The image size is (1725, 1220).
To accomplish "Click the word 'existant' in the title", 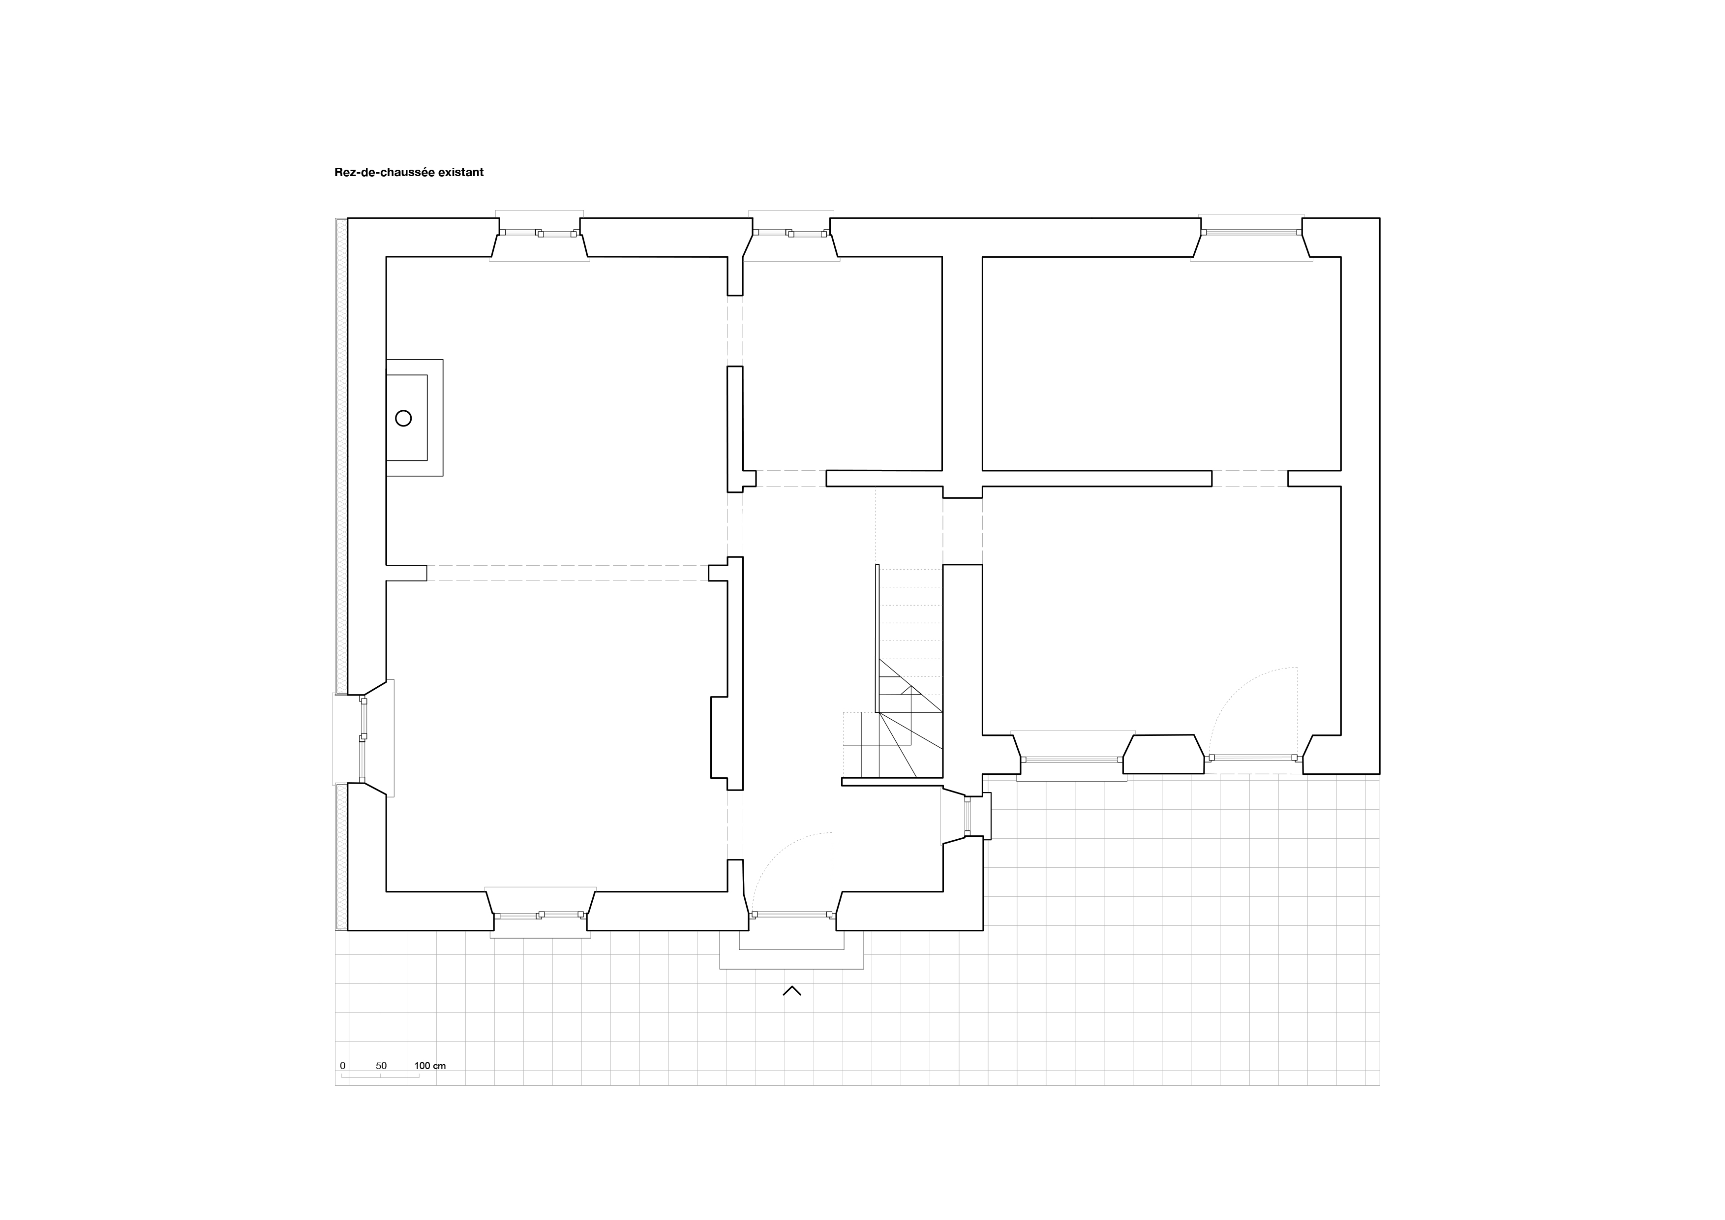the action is (461, 172).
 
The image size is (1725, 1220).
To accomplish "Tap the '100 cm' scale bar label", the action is (430, 1065).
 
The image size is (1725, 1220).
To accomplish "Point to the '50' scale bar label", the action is (381, 1065).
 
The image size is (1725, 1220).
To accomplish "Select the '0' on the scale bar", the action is (343, 1065).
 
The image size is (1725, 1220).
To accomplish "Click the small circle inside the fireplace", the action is (403, 419).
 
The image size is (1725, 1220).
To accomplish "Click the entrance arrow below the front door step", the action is (792, 991).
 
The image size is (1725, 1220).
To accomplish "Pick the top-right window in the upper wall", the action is (1251, 233).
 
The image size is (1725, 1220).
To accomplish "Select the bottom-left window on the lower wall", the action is (540, 915).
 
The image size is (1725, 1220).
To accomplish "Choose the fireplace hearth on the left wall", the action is (415, 418).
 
